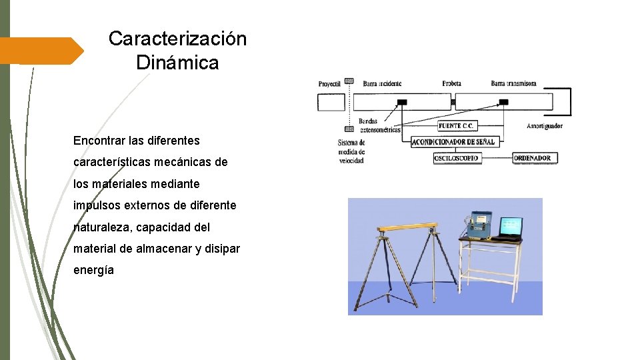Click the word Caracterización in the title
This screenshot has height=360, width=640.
click(177, 39)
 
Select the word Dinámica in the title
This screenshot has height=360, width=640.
click(177, 63)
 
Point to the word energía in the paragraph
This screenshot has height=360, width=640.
click(93, 270)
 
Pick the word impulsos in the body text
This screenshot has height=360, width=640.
click(98, 205)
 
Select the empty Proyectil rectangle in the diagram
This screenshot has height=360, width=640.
click(331, 102)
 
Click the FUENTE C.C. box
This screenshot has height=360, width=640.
click(457, 125)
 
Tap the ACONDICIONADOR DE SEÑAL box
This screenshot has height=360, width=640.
click(453, 142)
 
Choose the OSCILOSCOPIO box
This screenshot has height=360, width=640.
click(457, 159)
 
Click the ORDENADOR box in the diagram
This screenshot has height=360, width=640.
click(535, 159)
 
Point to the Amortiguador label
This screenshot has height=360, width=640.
click(544, 126)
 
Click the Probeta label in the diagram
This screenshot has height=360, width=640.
click(451, 84)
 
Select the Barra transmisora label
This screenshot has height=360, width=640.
click(513, 84)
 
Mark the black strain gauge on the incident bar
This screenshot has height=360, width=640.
click(401, 102)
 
